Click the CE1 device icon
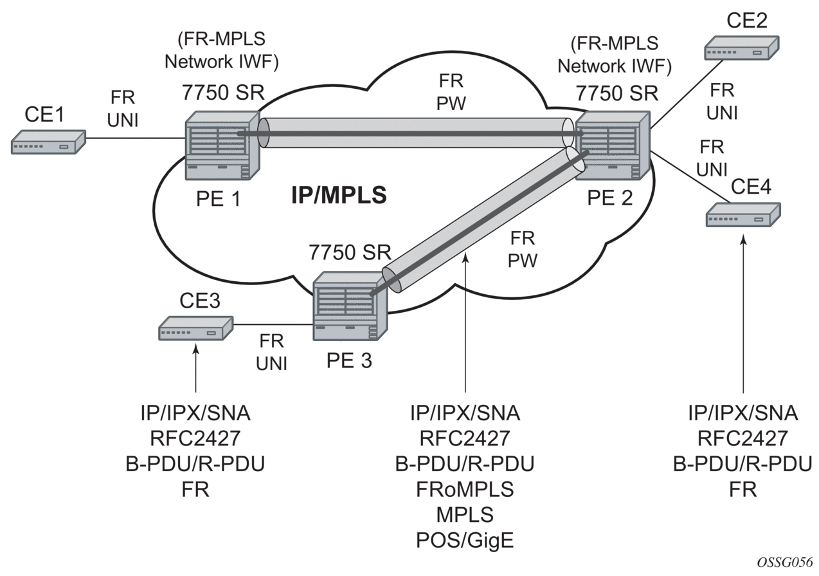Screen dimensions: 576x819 [48, 142]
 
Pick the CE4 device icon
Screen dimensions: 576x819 [742, 214]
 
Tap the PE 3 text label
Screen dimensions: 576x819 [347, 360]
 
